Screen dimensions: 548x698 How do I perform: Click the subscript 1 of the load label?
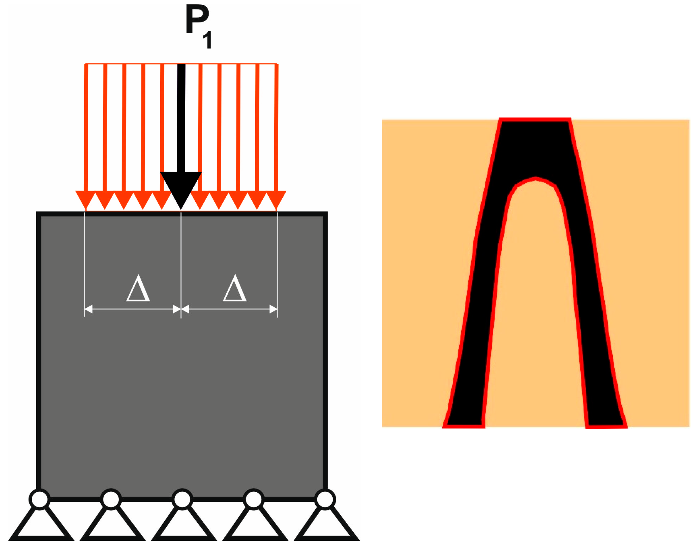click(x=208, y=40)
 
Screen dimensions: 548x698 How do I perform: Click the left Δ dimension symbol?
click(x=138, y=289)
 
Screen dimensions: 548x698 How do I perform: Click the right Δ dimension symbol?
click(x=235, y=289)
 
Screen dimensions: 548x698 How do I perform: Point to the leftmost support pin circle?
click(x=40, y=499)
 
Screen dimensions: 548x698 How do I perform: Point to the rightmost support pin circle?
click(x=325, y=499)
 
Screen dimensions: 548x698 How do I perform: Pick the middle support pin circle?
click(x=182, y=499)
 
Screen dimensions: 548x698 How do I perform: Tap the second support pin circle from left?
click(x=111, y=499)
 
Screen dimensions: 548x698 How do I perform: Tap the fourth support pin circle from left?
click(x=254, y=499)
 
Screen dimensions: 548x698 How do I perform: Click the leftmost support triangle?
click(x=41, y=526)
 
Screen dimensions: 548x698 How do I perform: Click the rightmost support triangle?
click(x=326, y=526)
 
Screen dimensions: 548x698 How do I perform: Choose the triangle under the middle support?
click(x=184, y=526)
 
